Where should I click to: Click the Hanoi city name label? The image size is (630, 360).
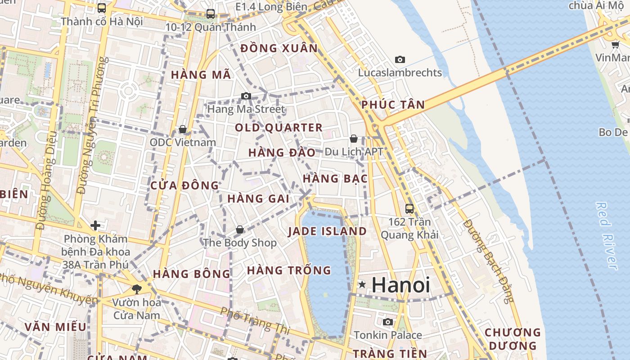coord(400,285)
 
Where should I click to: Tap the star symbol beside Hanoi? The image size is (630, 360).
coord(362,284)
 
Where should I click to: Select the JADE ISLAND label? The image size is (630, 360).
coord(327,231)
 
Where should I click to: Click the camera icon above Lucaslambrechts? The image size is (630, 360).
coord(400,59)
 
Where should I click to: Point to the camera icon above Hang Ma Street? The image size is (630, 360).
coord(246,96)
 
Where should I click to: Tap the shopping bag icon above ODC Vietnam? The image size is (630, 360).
coord(183,130)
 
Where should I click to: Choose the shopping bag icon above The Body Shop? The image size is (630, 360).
coord(240,230)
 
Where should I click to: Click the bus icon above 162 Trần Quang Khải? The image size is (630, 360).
coord(409,209)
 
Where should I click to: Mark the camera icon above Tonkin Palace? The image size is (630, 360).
coord(387,322)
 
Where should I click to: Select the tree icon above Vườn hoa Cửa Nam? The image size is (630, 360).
coord(136,289)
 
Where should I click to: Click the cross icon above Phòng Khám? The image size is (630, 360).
coord(95,225)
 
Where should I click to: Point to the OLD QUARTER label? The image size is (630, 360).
coord(279,128)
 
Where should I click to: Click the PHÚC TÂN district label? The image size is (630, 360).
coord(393,105)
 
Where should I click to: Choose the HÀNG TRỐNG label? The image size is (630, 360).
coord(289,270)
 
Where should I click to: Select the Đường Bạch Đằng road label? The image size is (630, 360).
coord(488,261)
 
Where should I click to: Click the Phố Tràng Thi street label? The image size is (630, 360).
coord(255,320)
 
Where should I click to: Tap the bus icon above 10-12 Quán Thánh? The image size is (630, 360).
coord(210,14)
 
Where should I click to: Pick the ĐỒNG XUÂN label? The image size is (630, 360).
coord(279,49)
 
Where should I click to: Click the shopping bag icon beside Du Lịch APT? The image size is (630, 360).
coord(354,139)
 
